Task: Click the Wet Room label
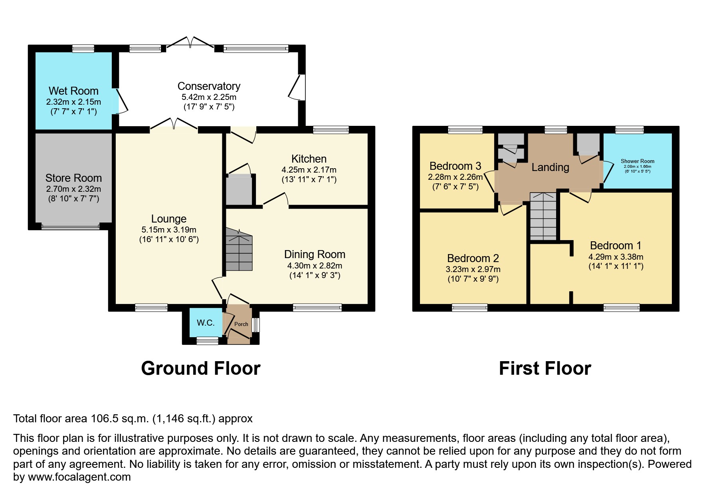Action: (x=73, y=91)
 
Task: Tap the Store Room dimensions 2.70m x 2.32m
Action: (x=73, y=189)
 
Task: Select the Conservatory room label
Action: (x=209, y=86)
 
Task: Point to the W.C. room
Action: (x=206, y=323)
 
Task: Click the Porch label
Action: (x=241, y=324)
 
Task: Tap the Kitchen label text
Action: (x=309, y=159)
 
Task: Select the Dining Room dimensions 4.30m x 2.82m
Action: (x=315, y=266)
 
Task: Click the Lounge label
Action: (x=169, y=219)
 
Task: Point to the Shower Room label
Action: (x=637, y=161)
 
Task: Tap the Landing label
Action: (x=550, y=167)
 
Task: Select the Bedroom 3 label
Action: (x=455, y=166)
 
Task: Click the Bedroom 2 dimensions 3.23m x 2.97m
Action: (x=473, y=270)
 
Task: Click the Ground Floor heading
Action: (x=201, y=368)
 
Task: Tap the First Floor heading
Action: (x=545, y=368)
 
